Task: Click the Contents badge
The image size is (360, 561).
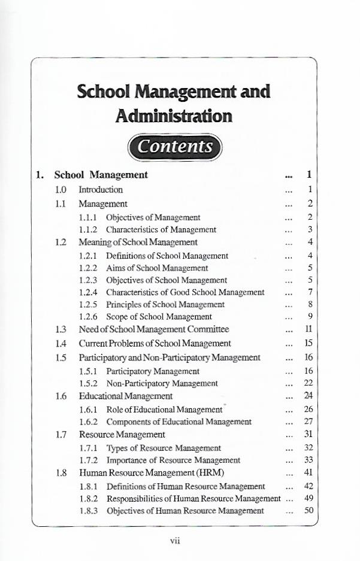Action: click(x=174, y=147)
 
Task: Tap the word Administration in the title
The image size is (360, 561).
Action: click(x=174, y=115)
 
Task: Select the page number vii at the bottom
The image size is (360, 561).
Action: click(x=175, y=541)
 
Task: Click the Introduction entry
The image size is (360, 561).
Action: click(x=101, y=190)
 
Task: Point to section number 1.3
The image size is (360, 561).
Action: click(x=60, y=329)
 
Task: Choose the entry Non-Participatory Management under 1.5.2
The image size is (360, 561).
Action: click(x=162, y=383)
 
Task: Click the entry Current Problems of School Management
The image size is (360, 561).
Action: click(x=155, y=343)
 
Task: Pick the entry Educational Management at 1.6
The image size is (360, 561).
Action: click(x=126, y=396)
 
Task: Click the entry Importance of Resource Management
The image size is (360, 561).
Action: click(x=173, y=460)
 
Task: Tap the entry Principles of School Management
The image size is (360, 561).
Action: click(x=165, y=304)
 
